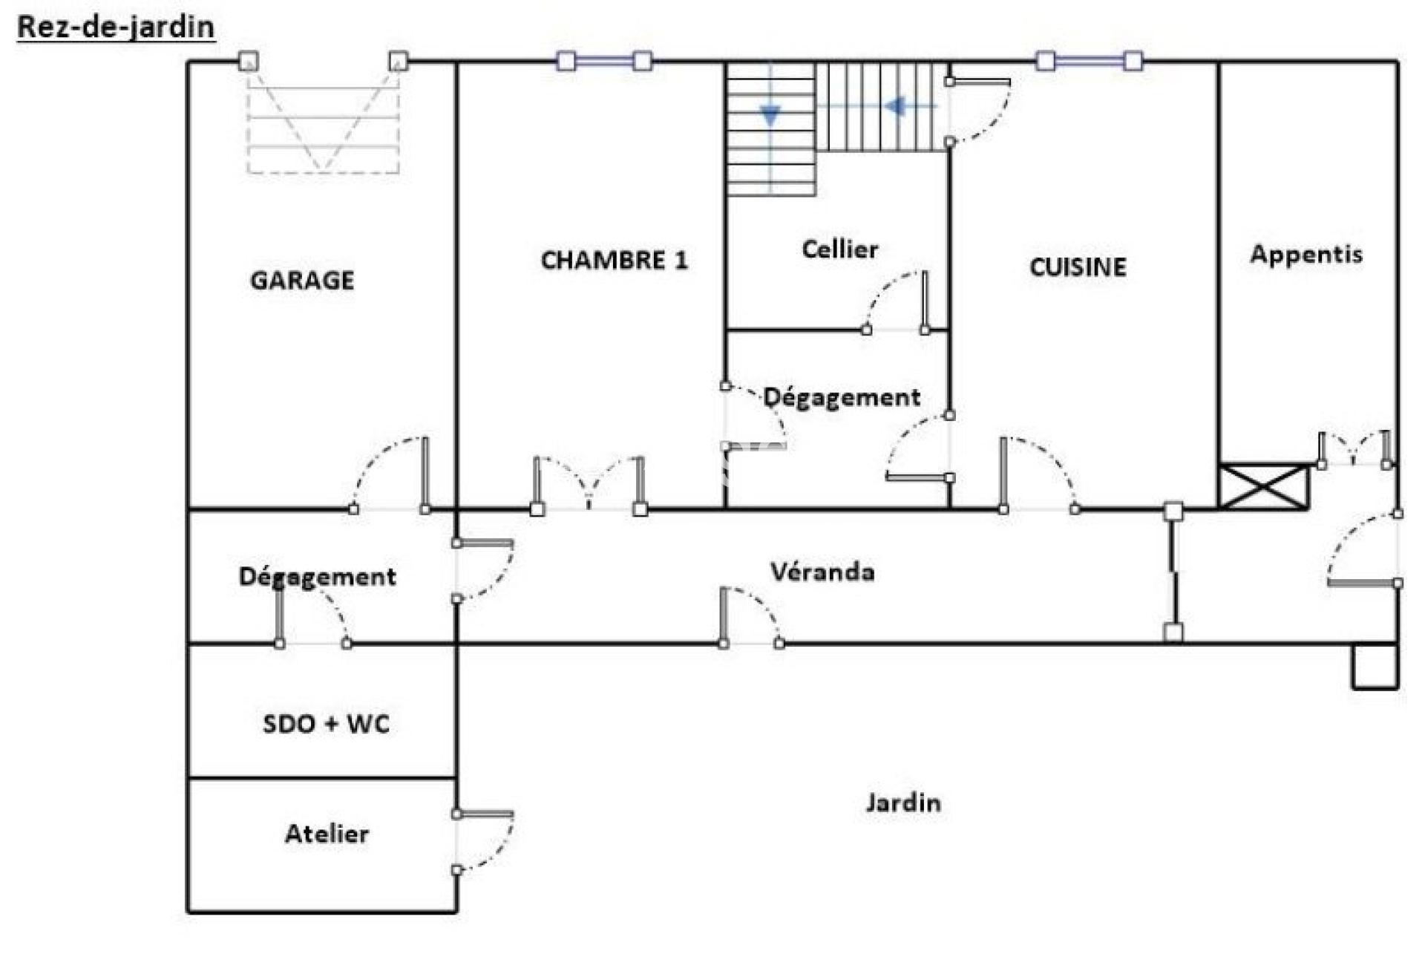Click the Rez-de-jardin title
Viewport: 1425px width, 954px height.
pyautogui.click(x=116, y=27)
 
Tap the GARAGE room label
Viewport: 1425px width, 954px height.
pyautogui.click(x=302, y=280)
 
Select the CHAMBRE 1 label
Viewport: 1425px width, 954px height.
pyautogui.click(x=614, y=260)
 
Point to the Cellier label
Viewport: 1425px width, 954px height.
pyautogui.click(x=839, y=249)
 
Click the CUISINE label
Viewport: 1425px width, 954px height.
pyautogui.click(x=1078, y=267)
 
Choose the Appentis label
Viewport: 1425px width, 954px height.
pyautogui.click(x=1306, y=255)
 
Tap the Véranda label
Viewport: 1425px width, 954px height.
pyautogui.click(x=822, y=571)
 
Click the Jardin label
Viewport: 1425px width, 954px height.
pyautogui.click(x=903, y=802)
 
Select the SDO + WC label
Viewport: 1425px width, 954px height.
pyautogui.click(x=326, y=723)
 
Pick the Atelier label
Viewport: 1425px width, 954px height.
pyautogui.click(x=327, y=833)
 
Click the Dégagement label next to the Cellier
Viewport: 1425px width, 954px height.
pyautogui.click(x=842, y=397)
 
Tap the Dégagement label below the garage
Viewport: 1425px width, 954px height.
pyautogui.click(x=317, y=577)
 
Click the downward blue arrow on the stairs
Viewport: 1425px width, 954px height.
pyautogui.click(x=770, y=116)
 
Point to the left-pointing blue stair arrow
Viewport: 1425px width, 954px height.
pyautogui.click(x=894, y=106)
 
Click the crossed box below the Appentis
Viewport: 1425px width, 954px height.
pyautogui.click(x=1263, y=486)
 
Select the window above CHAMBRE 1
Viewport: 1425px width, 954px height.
pyautogui.click(x=604, y=61)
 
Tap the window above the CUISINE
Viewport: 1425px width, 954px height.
pyautogui.click(x=1089, y=61)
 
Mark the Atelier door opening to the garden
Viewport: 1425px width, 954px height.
pyautogui.click(x=482, y=842)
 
